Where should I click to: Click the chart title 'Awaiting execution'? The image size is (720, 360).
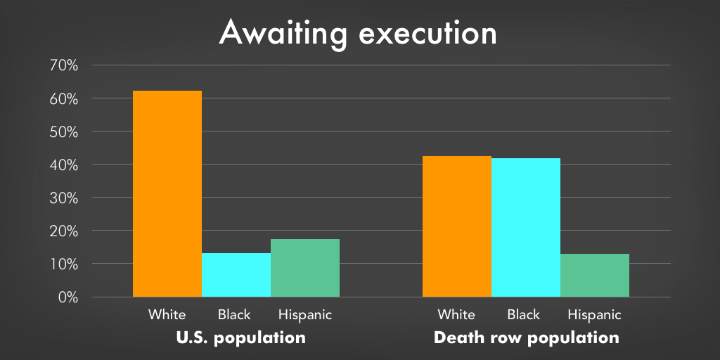coord(358,33)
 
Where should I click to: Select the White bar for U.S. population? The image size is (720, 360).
coord(167,194)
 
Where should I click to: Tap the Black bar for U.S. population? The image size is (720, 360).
coord(236,275)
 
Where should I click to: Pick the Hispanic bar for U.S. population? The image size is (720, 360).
coord(305,268)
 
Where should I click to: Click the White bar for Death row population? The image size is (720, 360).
coord(457,226)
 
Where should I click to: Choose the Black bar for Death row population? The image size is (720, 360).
coord(526,228)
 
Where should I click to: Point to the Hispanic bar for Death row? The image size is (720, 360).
coord(595,276)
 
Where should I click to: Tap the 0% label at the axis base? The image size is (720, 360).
coord(67,297)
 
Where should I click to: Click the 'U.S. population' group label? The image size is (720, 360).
coord(241,338)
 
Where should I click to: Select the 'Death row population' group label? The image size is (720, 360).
coord(526,338)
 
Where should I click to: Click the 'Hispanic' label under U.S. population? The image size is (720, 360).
coord(305,315)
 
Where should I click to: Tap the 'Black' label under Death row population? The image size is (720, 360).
coord(523,314)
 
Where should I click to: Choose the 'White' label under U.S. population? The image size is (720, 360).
coord(167,314)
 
